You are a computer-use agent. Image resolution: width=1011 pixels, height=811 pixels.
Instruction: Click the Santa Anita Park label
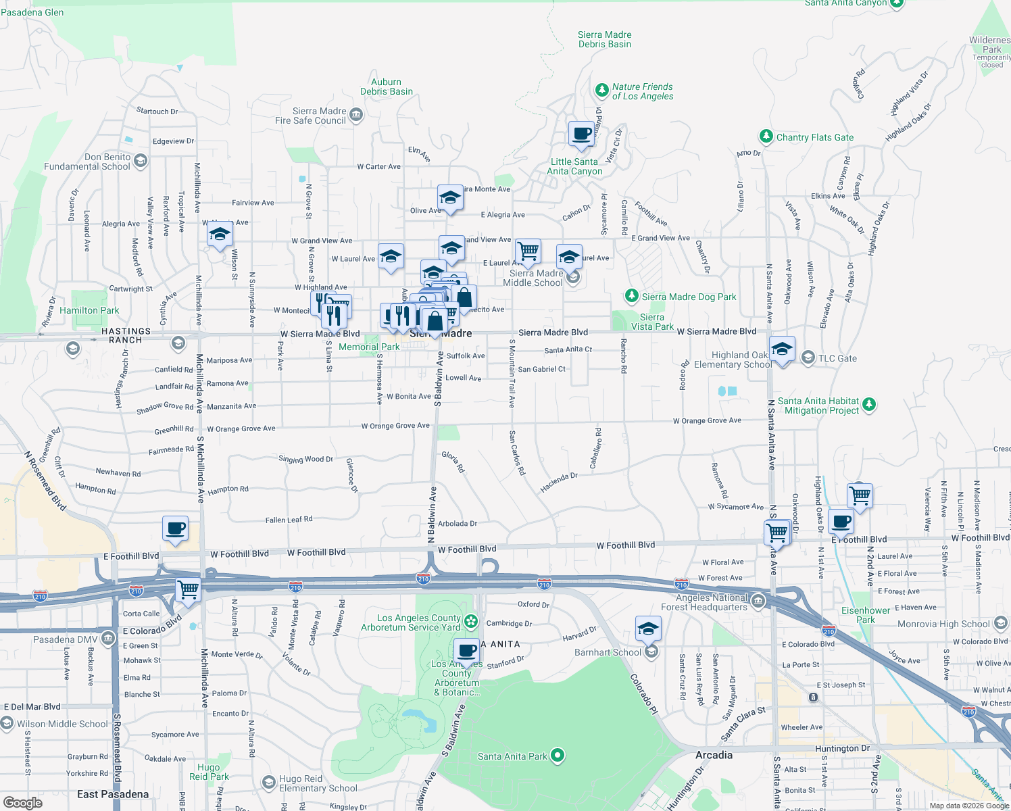tap(512, 756)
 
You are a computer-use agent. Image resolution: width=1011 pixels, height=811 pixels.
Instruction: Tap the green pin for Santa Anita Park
tap(558, 755)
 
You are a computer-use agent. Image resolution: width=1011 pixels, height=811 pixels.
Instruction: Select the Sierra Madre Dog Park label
tap(689, 297)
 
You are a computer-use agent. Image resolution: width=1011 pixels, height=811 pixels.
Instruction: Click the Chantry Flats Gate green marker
tap(766, 137)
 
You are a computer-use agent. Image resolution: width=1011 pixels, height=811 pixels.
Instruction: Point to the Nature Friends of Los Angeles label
tap(642, 91)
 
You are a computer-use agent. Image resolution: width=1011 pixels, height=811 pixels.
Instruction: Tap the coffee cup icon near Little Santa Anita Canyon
tap(581, 134)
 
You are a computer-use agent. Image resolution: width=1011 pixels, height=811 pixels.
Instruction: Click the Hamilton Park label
tap(89, 311)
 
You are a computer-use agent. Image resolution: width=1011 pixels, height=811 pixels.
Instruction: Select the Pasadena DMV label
tap(65, 639)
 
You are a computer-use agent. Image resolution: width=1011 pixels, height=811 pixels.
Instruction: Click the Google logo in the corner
tap(23, 803)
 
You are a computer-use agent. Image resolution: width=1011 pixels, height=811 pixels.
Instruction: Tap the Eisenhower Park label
tap(866, 615)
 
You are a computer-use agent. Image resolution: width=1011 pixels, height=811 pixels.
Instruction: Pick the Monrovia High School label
tap(943, 624)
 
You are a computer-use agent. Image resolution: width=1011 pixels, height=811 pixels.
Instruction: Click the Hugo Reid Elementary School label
tap(318, 783)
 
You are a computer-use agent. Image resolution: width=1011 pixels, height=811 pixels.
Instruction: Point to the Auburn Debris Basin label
tap(387, 87)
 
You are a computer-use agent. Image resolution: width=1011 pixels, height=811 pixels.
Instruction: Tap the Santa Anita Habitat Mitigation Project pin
tap(869, 405)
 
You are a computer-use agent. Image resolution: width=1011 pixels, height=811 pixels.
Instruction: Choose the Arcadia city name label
tap(714, 755)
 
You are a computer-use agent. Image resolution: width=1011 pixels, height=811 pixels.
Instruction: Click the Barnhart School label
tap(608, 652)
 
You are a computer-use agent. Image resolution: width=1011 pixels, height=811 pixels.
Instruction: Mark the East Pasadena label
tap(113, 794)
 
